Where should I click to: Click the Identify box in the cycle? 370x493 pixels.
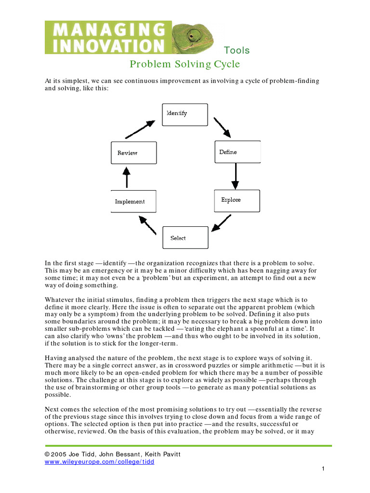coord(185,115)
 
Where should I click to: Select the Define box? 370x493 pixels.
coord(237,152)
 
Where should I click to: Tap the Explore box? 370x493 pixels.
coord(237,200)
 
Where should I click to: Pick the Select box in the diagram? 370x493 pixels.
coord(185,237)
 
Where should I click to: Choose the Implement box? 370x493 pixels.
coord(133,201)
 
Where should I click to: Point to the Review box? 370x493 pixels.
coord(133,153)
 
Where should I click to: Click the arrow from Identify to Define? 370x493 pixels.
coord(222,127)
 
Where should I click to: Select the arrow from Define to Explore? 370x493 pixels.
coord(235,176)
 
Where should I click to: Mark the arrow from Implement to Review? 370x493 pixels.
coord(127,177)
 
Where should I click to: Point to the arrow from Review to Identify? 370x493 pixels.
coord(140,129)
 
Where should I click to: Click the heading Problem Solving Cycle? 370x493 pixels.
coord(185,64)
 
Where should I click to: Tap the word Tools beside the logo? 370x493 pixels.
coord(237,51)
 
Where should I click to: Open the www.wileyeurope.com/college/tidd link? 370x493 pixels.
coord(99,461)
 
